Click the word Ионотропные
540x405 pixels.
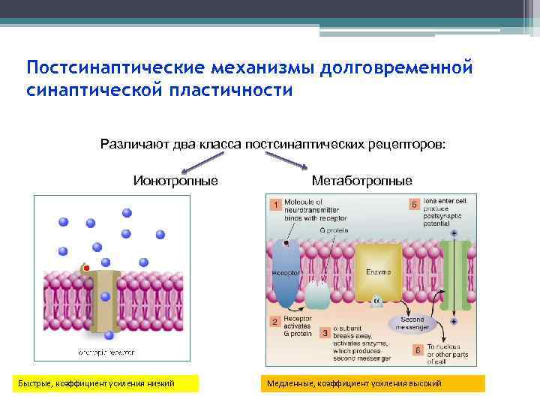point(175,181)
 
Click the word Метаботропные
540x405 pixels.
point(361,181)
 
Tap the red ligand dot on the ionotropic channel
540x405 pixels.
point(87,268)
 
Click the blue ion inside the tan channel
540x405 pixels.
point(106,296)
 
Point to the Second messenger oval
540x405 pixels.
point(410,322)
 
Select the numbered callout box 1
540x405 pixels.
point(275,204)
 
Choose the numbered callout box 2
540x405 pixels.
point(275,322)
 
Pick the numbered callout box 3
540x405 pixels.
point(324,331)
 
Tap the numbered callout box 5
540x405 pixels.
point(414,204)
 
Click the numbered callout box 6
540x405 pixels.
point(417,350)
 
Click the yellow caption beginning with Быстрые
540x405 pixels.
point(107,383)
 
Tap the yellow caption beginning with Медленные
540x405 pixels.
point(372,383)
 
